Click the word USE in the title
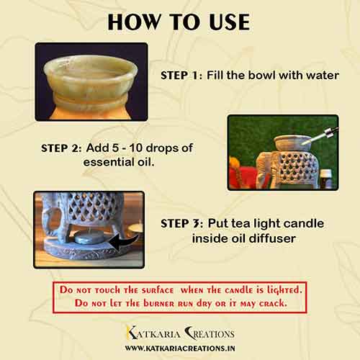230,22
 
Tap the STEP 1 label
181,76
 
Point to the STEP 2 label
61,148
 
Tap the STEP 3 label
182,224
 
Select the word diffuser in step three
272,238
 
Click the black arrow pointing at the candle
125,243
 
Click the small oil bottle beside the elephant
325,179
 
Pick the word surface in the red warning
158,290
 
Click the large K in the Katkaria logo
132,333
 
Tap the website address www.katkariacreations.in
180,348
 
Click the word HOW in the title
135,22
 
